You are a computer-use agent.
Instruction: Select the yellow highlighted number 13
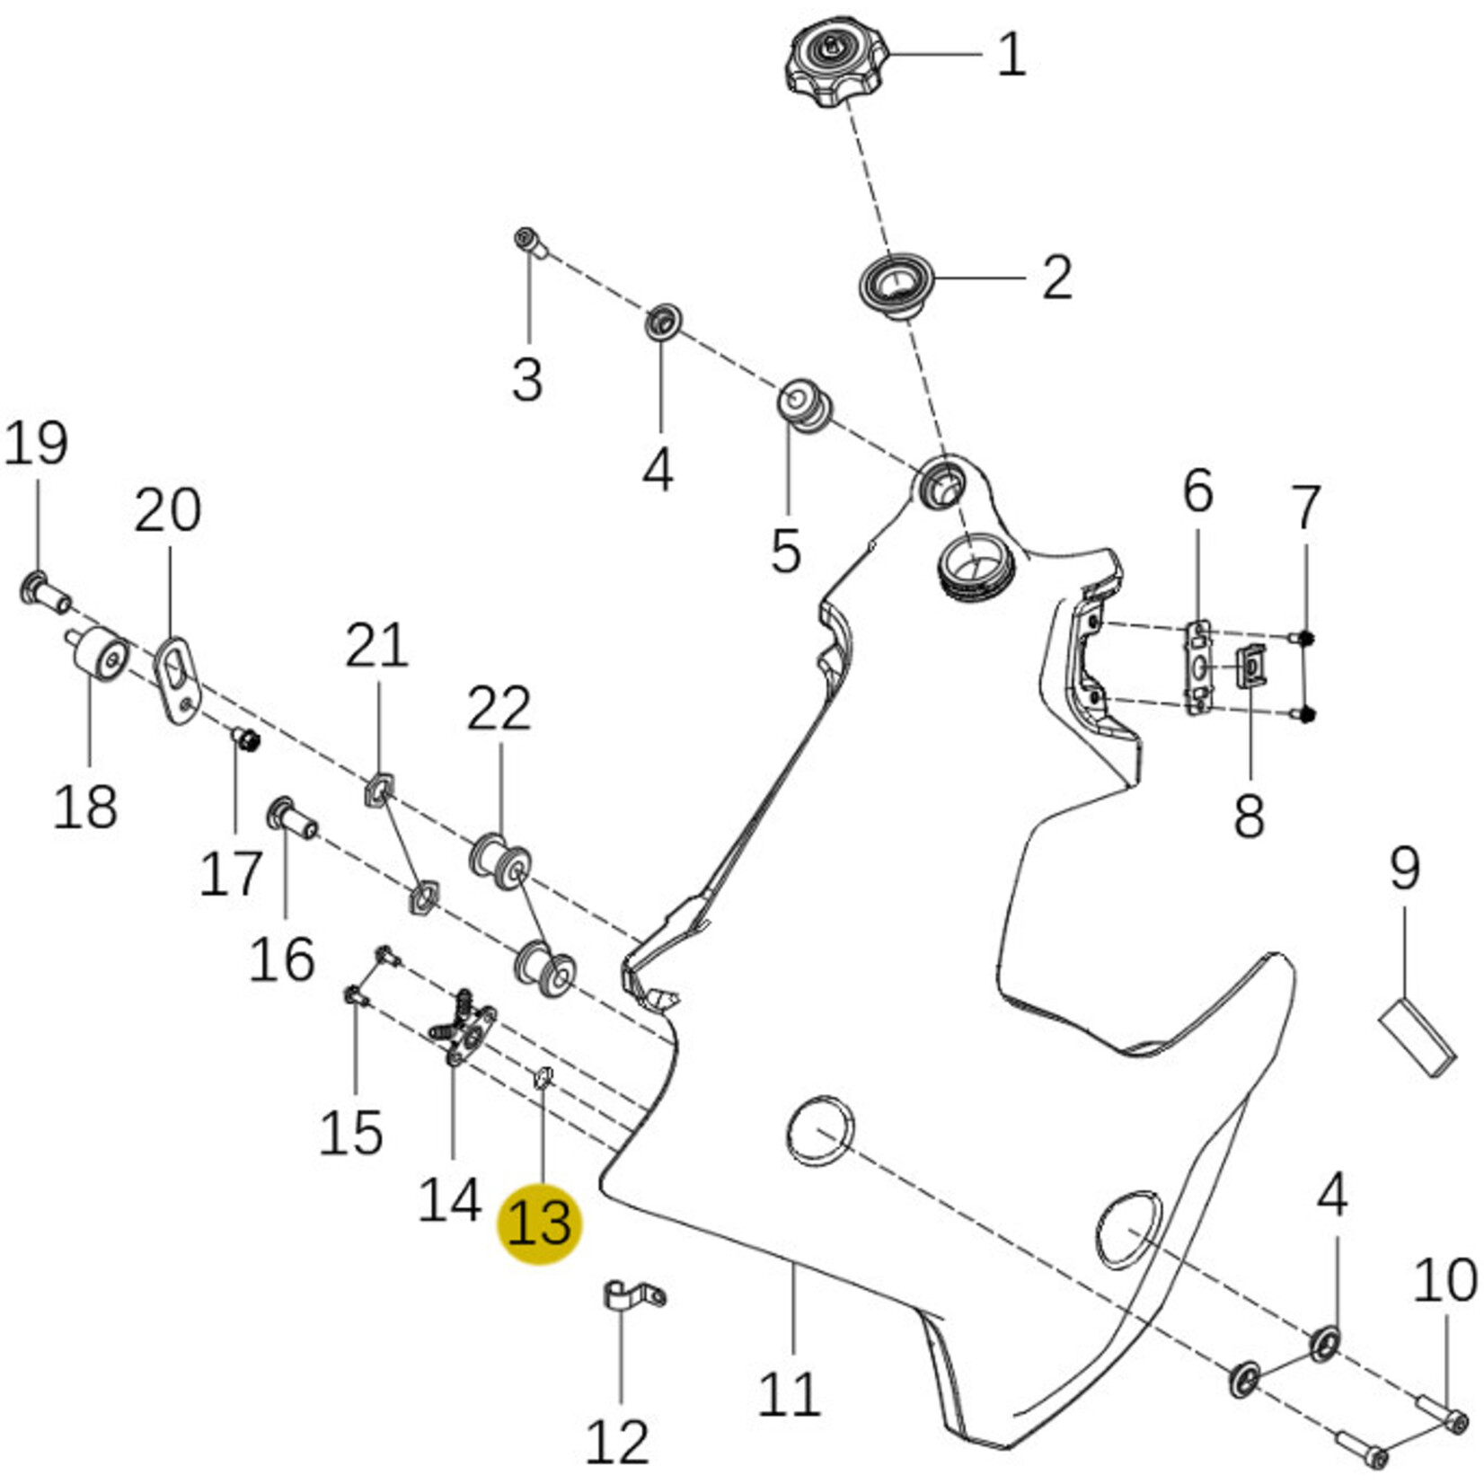(x=540, y=1223)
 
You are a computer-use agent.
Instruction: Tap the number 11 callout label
(x=790, y=1394)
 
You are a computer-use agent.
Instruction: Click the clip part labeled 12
(x=632, y=1295)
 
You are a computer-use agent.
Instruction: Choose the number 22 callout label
(x=499, y=709)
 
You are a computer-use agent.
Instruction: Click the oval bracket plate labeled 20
(x=179, y=679)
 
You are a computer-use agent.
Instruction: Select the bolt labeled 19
(x=45, y=592)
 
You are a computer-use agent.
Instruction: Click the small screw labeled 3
(x=529, y=242)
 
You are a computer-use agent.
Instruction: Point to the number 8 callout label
(x=1249, y=817)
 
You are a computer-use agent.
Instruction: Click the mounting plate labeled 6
(x=1200, y=667)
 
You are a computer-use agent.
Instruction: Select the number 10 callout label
(x=1445, y=1281)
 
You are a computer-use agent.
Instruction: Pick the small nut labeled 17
(x=246, y=740)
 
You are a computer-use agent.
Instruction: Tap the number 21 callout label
(x=377, y=646)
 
